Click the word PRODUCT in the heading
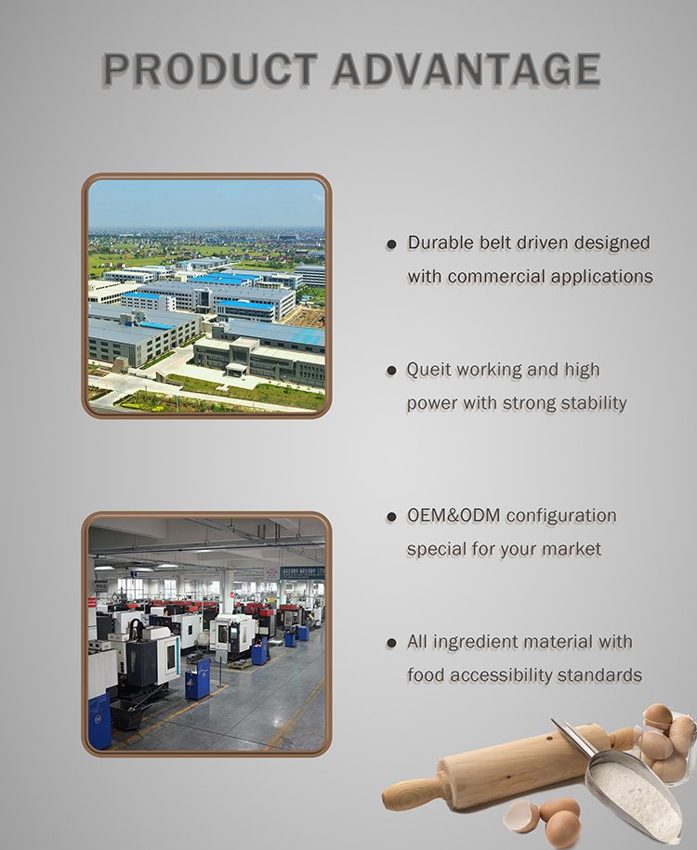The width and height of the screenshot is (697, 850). coord(209,70)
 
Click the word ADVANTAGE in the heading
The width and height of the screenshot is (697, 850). coord(467,70)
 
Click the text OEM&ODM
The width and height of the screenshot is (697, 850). coord(454,516)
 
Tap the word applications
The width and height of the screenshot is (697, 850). coord(602,277)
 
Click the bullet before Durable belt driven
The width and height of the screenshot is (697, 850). coord(391,244)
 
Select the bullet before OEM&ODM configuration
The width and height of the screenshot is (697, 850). coord(391,517)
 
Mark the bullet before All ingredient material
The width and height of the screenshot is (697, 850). coord(391,644)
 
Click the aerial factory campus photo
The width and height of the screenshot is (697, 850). coord(206,295)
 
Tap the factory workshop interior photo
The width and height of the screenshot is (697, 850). coord(206,634)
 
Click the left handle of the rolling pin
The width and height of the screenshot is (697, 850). coord(410,792)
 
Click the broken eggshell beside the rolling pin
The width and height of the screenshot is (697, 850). coord(519,816)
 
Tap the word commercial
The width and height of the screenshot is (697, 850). coord(496,277)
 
